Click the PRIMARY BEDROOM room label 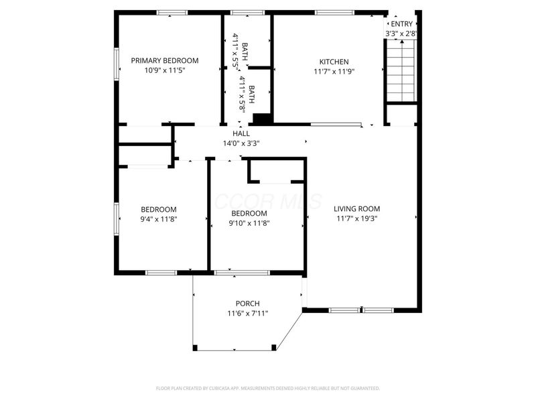[165, 60]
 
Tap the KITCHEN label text [334, 62]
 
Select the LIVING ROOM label [361, 208]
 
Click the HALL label [241, 133]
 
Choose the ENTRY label [402, 24]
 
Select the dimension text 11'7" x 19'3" [361, 218]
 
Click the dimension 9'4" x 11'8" [159, 218]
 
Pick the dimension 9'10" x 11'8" [249, 223]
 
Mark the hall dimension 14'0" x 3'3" [241, 143]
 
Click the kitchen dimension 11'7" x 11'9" [334, 71]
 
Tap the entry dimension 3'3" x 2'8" [402, 33]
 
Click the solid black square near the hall [262, 119]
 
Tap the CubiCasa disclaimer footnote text [268, 388]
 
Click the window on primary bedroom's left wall [117, 64]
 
